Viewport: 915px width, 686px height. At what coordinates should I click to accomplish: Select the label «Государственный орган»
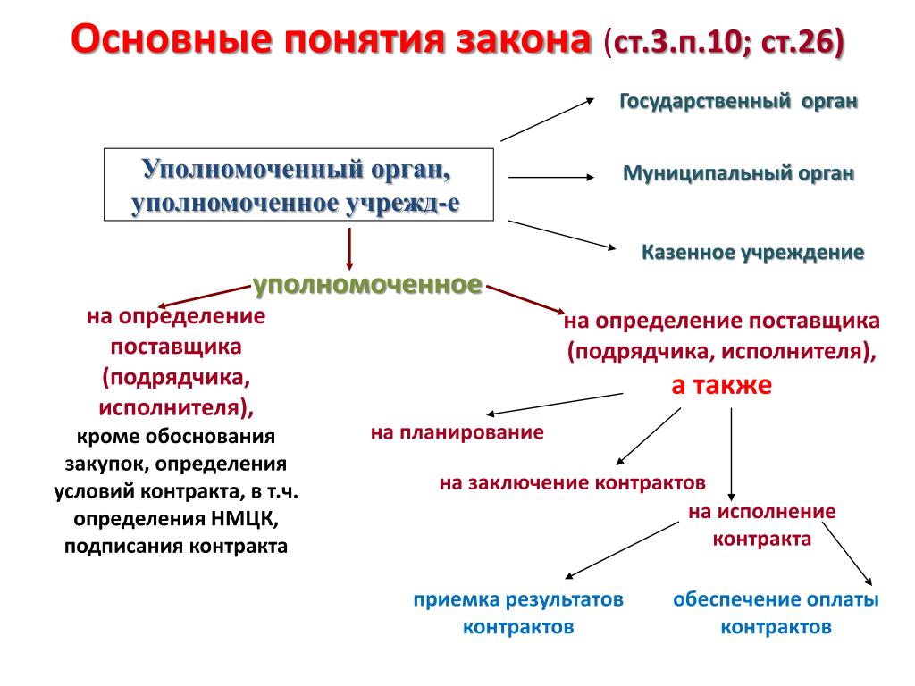(x=739, y=102)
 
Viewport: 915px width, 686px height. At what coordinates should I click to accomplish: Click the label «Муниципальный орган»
(x=738, y=172)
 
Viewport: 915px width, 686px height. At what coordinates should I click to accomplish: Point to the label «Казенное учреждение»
(x=752, y=252)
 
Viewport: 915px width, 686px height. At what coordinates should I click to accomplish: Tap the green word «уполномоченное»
(x=367, y=285)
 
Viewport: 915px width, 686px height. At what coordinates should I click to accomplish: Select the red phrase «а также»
(x=721, y=385)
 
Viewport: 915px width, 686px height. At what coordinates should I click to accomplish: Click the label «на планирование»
(x=457, y=433)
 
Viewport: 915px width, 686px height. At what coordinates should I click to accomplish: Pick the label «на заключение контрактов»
(x=572, y=482)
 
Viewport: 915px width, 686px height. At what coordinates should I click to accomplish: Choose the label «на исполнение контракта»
(x=762, y=525)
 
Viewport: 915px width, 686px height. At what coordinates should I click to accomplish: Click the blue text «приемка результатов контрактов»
(x=517, y=613)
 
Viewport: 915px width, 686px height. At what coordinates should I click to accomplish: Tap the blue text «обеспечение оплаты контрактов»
(x=776, y=613)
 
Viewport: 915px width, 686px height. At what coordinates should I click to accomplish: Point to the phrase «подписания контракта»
(x=176, y=545)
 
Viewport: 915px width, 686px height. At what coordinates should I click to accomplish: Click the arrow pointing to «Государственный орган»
(x=549, y=120)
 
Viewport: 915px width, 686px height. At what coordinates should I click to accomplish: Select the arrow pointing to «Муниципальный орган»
(x=550, y=177)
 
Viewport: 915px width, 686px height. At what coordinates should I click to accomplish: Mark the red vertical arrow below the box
(x=348, y=249)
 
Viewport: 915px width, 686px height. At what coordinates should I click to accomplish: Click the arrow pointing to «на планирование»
(x=554, y=404)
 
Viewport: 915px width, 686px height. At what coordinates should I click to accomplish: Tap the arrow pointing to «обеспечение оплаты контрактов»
(x=848, y=555)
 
